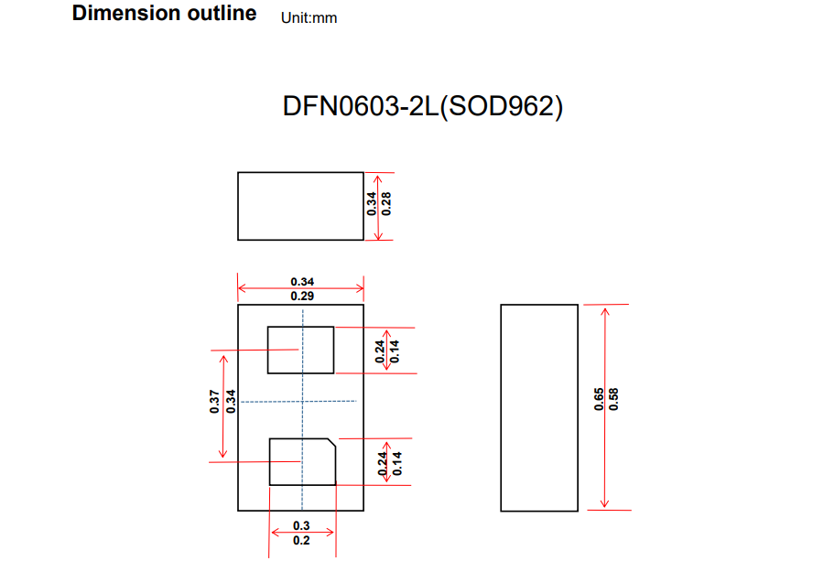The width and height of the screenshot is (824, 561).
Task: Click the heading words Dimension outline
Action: click(x=164, y=14)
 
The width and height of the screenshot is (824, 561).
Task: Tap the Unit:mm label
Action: click(x=309, y=17)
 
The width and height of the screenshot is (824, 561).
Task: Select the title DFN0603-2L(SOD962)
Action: click(x=422, y=106)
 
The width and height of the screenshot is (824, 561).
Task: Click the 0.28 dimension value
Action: click(x=387, y=203)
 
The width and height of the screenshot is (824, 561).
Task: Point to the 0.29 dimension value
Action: click(x=302, y=297)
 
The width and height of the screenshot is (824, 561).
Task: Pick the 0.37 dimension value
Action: click(x=213, y=402)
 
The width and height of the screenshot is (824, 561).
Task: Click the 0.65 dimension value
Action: click(x=599, y=400)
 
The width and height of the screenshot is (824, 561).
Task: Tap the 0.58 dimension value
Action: click(x=614, y=400)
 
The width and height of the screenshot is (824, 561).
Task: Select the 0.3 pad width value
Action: click(x=301, y=525)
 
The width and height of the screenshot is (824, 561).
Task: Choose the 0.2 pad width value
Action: click(x=301, y=540)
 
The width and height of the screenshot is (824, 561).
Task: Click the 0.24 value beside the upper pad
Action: click(x=380, y=351)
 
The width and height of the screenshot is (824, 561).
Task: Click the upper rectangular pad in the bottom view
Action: click(x=300, y=350)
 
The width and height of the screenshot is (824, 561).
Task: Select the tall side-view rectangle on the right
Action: click(x=538, y=407)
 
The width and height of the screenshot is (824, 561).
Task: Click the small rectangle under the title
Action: click(x=300, y=206)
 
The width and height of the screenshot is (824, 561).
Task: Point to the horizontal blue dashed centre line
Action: click(x=275, y=401)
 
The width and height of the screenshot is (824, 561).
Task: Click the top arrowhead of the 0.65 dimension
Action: click(x=604, y=310)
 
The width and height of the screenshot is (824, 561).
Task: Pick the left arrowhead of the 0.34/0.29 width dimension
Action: click(x=242, y=289)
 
